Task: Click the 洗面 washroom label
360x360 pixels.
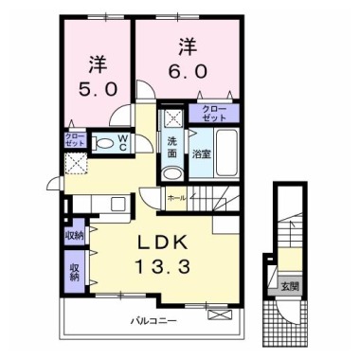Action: coord(172,147)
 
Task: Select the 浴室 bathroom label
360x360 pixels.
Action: coord(201,153)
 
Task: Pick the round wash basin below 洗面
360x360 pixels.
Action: coord(171,172)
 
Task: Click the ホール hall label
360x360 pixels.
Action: coord(176,198)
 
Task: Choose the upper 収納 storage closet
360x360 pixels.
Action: coord(73,233)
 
